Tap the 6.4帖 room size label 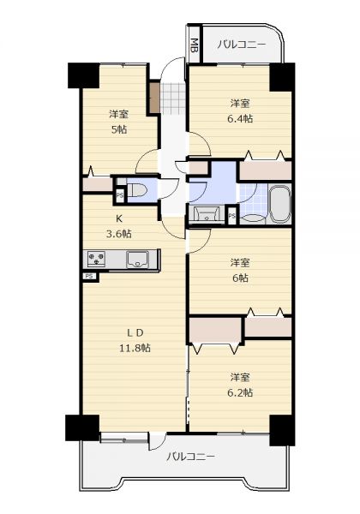tap(240, 119)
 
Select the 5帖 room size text tap(118, 130)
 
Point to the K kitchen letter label tap(118, 218)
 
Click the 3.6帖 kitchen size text tap(118, 234)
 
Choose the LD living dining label tap(135, 332)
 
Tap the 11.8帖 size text tap(135, 348)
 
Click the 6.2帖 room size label tap(240, 392)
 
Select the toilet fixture tap(138, 189)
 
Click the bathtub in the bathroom tap(279, 204)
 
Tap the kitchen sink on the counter tap(137, 260)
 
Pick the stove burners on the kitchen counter tap(96, 259)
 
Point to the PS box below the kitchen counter tap(89, 277)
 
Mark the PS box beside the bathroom tap(232, 216)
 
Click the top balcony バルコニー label tap(242, 44)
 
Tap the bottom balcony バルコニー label tap(190, 457)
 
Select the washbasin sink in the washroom tap(207, 214)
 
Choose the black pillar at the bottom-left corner tap(82, 427)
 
